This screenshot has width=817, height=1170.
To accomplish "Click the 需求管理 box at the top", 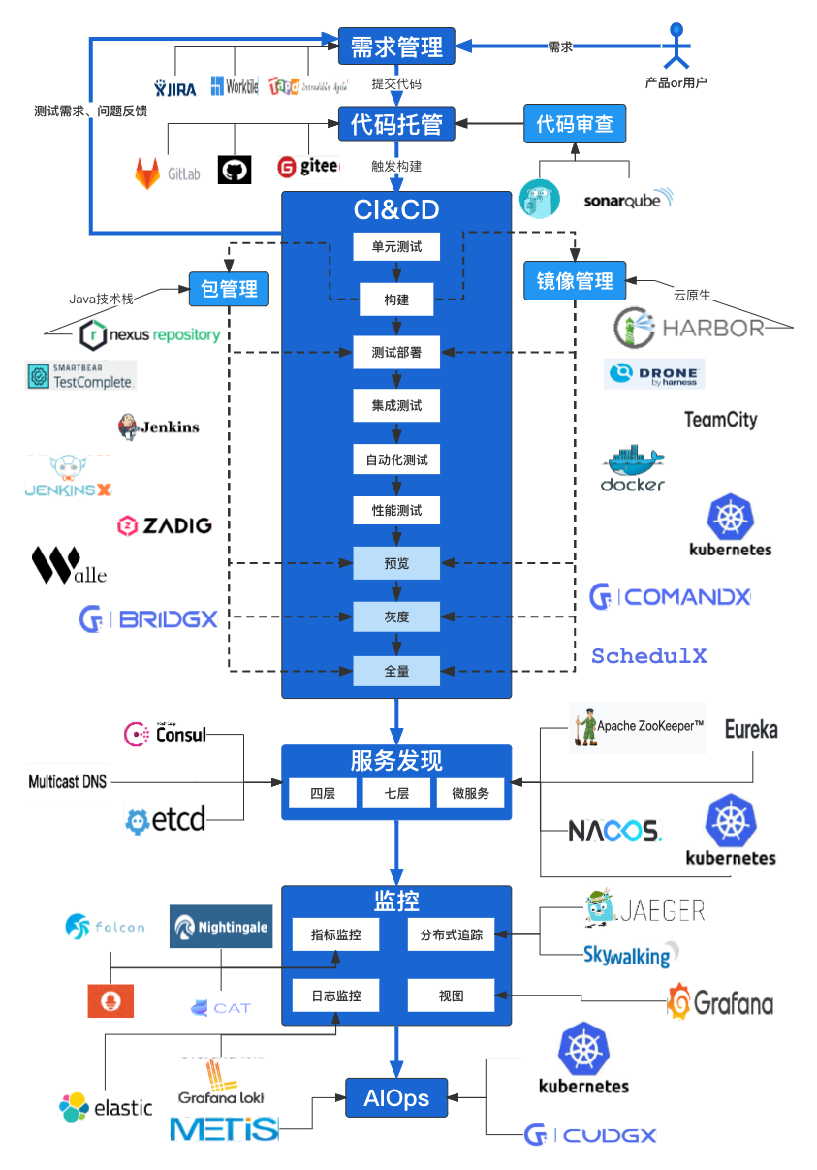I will point(396,47).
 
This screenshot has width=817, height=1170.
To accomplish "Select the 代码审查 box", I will point(575,124).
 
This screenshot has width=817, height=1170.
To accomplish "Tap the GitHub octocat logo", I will point(235,171).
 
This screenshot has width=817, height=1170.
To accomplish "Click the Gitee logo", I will point(308,167).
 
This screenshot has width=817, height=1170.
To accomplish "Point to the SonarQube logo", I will point(628,200).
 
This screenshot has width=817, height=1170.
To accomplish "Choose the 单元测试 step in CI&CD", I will point(396,247).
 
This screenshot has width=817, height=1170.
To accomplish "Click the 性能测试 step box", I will point(396,511).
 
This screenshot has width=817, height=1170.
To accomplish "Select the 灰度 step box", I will point(396,617).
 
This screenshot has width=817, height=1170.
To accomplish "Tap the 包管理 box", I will point(229,288).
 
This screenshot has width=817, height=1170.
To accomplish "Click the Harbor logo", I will point(689,328).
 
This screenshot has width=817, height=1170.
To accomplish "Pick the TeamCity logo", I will point(720,419).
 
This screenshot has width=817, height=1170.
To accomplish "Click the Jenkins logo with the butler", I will point(158,427).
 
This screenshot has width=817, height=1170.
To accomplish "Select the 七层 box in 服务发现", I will point(396,793).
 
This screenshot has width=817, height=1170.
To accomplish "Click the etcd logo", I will point(165,820).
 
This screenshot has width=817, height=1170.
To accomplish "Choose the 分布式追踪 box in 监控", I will point(451,935).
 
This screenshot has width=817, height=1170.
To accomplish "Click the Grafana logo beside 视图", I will point(720,1001).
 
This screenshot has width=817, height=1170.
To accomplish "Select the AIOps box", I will point(396,1098).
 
